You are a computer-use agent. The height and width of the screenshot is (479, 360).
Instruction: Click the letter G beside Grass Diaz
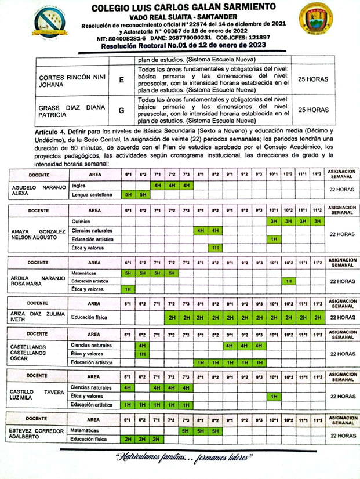[x=121, y=109]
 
